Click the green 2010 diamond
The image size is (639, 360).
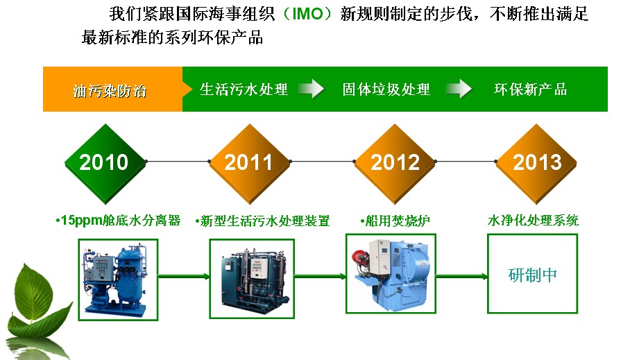(x=105, y=163)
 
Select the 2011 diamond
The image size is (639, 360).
(x=249, y=163)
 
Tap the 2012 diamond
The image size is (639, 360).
(x=395, y=163)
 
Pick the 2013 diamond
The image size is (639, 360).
(x=536, y=163)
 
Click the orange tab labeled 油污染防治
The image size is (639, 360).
(x=112, y=89)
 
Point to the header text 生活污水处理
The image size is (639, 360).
(x=244, y=89)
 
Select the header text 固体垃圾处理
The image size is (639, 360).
(x=386, y=89)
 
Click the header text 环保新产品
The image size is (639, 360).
(x=531, y=89)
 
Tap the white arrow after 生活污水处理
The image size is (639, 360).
(x=311, y=89)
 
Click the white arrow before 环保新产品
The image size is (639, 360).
(x=459, y=89)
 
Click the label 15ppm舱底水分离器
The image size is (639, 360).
(x=118, y=221)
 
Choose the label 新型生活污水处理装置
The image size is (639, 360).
(x=262, y=221)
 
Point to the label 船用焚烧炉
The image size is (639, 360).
(x=395, y=221)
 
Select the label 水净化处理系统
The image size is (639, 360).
(x=533, y=221)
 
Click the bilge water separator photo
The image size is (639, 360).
(x=118, y=280)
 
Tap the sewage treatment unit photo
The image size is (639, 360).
(x=252, y=279)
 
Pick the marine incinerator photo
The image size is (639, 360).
(x=391, y=274)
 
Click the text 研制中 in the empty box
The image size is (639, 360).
(x=533, y=275)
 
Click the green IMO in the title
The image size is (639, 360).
(x=307, y=15)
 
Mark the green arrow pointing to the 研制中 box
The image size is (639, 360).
(x=461, y=277)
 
